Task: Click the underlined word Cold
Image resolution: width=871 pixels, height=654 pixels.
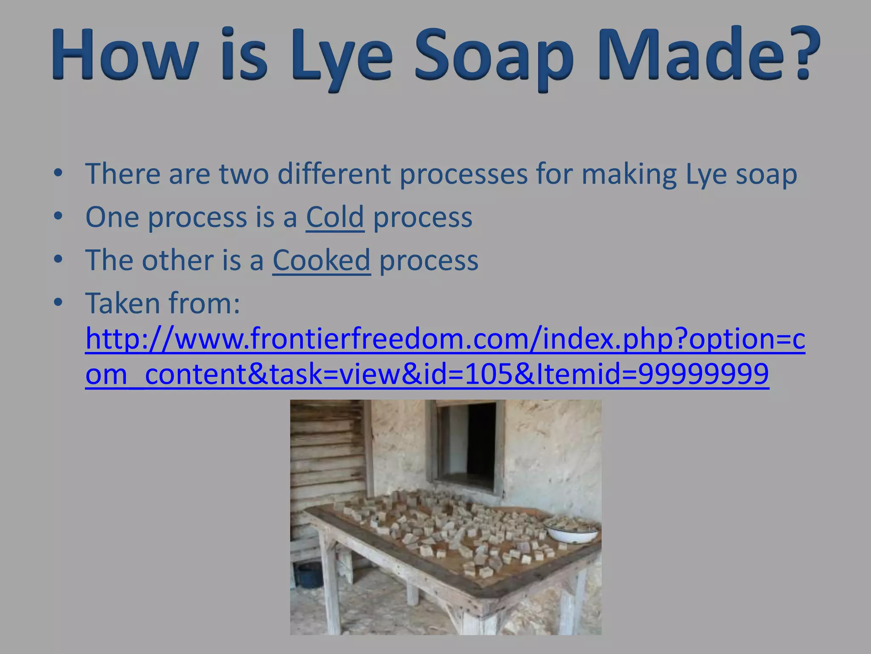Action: pos(335,217)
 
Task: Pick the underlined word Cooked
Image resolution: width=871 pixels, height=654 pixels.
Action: pos(322,260)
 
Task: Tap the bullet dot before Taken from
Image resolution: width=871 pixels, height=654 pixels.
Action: pos(58,303)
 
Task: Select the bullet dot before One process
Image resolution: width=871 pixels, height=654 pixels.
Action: pos(58,216)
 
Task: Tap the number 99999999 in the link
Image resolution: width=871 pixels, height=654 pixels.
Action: pos(703,374)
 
